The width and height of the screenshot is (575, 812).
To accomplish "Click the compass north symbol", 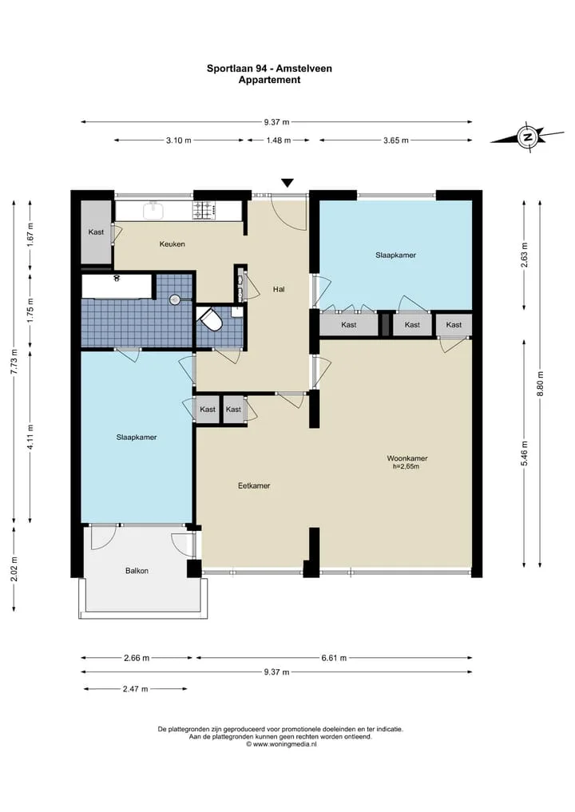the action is tap(528, 138).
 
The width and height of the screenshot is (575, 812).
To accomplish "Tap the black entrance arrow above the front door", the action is tap(287, 183).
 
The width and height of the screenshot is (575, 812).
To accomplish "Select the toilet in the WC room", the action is tap(212, 319).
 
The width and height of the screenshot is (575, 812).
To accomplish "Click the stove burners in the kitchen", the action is tap(204, 210).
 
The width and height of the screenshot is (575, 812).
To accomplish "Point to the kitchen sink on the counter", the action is tap(153, 210).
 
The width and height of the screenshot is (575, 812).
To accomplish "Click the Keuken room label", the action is tap(172, 244).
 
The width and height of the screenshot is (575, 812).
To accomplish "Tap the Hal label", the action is tap(279, 289).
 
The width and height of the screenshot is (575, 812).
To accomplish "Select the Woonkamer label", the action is tap(407, 457).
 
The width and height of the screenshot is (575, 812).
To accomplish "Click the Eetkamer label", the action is tap(254, 485).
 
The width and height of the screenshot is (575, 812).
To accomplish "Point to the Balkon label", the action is tap(137, 571).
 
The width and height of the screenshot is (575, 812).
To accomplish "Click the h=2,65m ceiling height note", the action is tap(406, 466).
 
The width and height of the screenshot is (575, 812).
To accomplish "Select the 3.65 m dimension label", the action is tap(396, 141).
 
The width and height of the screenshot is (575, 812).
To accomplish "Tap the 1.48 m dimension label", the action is tap(278, 141).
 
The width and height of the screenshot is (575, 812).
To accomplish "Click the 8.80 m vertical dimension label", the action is tap(541, 384).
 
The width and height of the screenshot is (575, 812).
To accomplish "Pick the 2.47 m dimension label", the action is tap(135, 689).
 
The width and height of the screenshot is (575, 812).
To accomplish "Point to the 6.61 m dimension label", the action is tap(334, 658).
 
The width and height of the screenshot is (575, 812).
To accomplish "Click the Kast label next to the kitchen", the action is tap(96, 232).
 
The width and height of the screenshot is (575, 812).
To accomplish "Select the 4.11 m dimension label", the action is tap(30, 438).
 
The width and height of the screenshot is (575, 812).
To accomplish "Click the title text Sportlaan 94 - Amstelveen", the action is tap(269, 69).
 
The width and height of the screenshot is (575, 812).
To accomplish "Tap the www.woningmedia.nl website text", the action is tap(281, 744).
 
